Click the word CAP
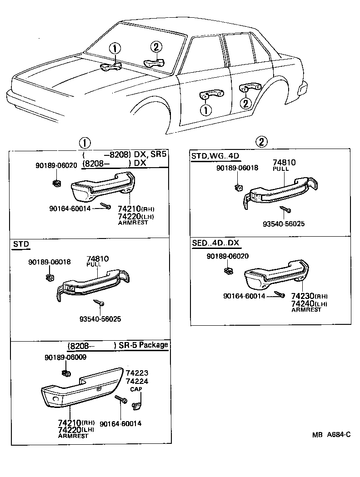[136, 389]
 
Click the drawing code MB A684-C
[331, 435]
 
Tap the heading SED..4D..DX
[215, 244]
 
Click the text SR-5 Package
[143, 345]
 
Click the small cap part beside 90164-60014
[137, 403]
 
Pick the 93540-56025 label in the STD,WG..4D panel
[284, 224]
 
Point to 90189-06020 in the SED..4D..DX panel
[227, 257]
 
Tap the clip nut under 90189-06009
[66, 373]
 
